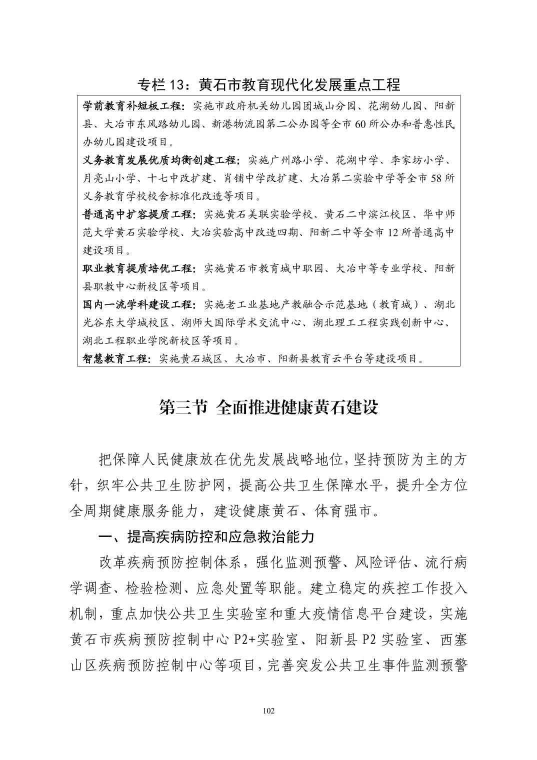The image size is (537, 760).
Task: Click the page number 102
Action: pos(268,711)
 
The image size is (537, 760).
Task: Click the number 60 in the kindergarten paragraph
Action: pos(361,124)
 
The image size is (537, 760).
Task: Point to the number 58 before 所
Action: pos(436,178)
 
